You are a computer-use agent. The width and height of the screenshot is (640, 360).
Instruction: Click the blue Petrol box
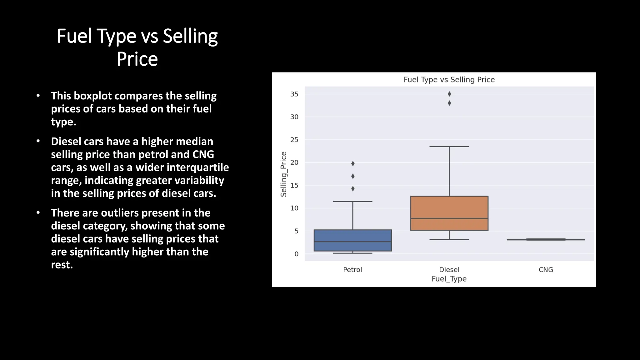[352, 240]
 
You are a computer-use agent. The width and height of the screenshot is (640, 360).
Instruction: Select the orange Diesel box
[449, 213]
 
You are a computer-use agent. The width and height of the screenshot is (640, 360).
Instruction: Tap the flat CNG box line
[546, 240]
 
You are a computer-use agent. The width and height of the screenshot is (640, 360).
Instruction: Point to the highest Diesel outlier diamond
[449, 94]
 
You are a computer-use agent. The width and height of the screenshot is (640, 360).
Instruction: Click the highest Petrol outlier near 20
[353, 163]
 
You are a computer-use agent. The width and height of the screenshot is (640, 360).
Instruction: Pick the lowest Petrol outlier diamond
[353, 189]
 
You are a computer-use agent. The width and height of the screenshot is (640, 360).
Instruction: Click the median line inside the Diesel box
[449, 218]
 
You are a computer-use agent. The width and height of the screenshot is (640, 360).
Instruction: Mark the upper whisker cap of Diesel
[449, 147]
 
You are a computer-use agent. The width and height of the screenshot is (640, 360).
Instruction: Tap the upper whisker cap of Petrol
[352, 202]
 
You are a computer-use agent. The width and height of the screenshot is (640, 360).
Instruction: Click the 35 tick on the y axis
[294, 94]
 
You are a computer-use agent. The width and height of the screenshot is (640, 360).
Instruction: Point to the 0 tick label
[296, 254]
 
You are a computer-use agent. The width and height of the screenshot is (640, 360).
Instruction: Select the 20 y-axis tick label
[294, 162]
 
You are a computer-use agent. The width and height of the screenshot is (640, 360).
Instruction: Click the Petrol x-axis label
[352, 270]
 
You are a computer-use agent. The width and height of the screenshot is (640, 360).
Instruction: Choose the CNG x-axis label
[546, 270]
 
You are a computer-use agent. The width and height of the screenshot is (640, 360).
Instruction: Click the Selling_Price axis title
[283, 174]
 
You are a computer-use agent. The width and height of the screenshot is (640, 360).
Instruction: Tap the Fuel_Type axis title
[449, 279]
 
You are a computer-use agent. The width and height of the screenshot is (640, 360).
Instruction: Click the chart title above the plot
[449, 80]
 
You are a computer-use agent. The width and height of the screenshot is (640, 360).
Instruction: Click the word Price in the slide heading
[137, 59]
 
